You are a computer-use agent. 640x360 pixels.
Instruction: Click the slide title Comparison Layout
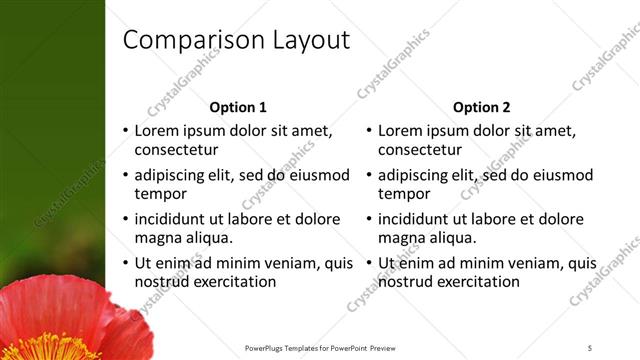point(236,40)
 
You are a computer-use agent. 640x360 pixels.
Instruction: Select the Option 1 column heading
point(238,107)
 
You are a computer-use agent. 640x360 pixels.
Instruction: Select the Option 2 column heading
point(481,107)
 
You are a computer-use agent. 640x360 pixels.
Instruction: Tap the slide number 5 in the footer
point(590,347)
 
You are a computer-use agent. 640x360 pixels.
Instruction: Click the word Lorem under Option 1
point(157,130)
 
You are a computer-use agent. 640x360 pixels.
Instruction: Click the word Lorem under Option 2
point(400,130)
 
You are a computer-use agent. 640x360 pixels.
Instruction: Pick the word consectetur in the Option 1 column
point(176,150)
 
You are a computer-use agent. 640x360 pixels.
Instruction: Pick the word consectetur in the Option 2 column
point(420,150)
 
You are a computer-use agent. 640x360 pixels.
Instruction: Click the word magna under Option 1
point(158,238)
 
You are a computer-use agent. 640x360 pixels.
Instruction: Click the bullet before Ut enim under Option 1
point(125,263)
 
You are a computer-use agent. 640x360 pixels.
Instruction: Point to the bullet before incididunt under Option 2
point(368,219)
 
